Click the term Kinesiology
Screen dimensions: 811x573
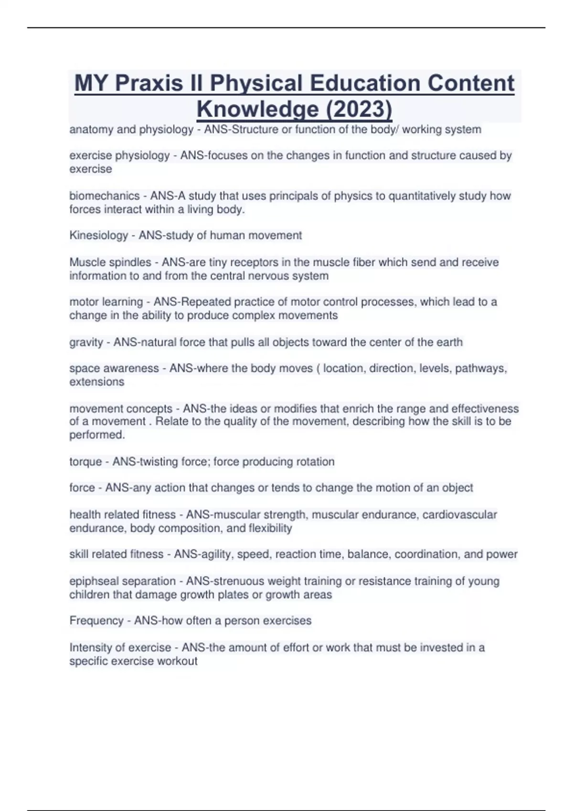tap(99, 235)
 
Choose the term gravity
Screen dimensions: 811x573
tap(86, 342)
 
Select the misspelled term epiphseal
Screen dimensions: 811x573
tap(95, 581)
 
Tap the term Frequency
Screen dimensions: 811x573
tap(96, 621)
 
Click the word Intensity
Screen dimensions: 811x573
tap(90, 647)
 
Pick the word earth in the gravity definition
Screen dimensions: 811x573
tap(449, 342)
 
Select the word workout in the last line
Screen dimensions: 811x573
tap(178, 661)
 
